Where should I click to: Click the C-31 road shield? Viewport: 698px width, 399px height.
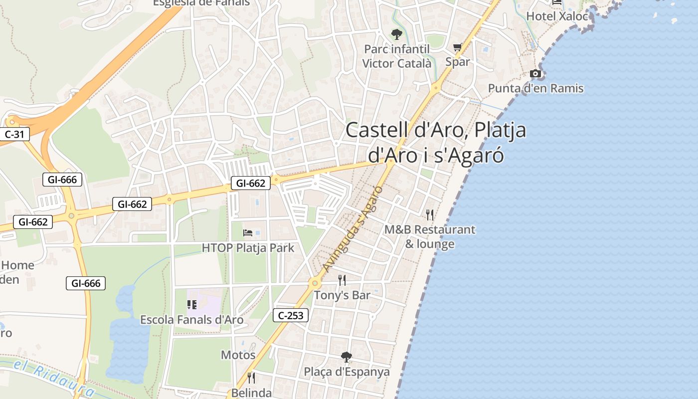pyautogui.click(x=14, y=134)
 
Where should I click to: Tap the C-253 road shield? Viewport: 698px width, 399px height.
pyautogui.click(x=291, y=315)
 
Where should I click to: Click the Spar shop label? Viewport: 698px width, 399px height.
pyautogui.click(x=457, y=62)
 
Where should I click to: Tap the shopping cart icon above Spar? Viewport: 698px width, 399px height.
pyautogui.click(x=457, y=47)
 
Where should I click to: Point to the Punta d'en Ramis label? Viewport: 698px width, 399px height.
pyautogui.click(x=535, y=88)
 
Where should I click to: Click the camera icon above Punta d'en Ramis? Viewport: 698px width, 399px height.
pyautogui.click(x=535, y=74)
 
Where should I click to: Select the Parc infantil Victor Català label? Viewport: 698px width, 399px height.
pyautogui.click(x=396, y=56)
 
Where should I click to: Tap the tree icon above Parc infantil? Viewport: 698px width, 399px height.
pyautogui.click(x=396, y=34)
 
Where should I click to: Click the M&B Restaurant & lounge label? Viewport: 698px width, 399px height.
pyautogui.click(x=429, y=236)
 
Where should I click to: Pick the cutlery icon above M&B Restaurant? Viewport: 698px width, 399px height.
pyautogui.click(x=429, y=215)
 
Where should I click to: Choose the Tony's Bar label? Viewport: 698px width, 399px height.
pyautogui.click(x=342, y=295)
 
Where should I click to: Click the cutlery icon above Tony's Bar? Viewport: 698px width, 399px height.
pyautogui.click(x=342, y=280)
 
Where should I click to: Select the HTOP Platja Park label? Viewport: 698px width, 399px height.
pyautogui.click(x=248, y=248)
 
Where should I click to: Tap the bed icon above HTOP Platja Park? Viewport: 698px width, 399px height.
pyautogui.click(x=248, y=232)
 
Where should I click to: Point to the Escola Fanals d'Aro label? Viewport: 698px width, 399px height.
pyautogui.click(x=192, y=320)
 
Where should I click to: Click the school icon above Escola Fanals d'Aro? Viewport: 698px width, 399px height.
pyautogui.click(x=192, y=304)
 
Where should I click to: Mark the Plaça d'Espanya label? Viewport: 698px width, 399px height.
pyautogui.click(x=347, y=372)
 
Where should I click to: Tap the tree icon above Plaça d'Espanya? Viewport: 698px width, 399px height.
pyautogui.click(x=347, y=357)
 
